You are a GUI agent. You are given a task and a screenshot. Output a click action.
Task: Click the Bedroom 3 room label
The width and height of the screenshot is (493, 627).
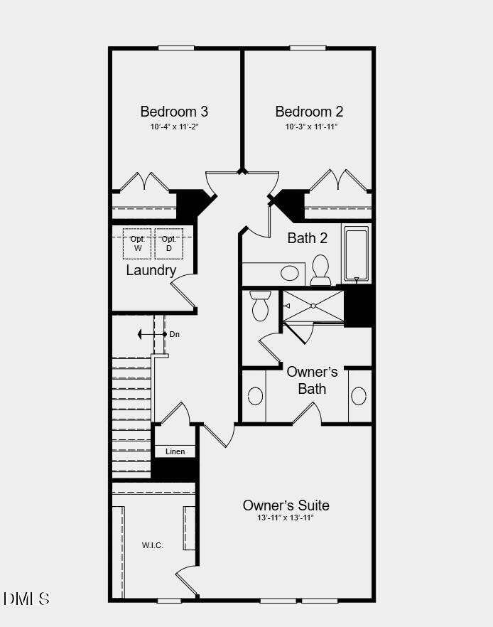[x=174, y=112]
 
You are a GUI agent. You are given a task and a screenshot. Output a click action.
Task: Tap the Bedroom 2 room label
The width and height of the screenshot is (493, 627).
[x=309, y=112]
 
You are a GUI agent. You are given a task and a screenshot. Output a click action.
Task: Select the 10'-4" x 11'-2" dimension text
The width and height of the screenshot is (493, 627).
[x=174, y=127]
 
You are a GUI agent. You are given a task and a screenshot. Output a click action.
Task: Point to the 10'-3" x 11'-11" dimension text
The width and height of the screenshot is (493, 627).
[x=311, y=127]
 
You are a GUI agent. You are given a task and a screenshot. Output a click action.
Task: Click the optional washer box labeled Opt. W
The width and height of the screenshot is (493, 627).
[x=137, y=244]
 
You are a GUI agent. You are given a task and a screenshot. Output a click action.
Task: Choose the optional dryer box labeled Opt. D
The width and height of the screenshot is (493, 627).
[x=169, y=244]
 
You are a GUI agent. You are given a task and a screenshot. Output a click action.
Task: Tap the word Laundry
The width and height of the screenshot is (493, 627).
[x=151, y=271]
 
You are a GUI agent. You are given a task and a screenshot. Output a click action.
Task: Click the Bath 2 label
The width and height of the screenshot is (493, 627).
[x=307, y=238]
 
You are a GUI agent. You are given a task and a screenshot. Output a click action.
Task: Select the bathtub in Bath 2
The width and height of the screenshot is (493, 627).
[x=357, y=254]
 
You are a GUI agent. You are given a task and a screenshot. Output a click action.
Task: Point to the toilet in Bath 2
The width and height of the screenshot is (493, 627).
[x=320, y=269]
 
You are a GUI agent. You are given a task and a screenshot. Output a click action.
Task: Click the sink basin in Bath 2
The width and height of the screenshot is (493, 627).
[x=289, y=273]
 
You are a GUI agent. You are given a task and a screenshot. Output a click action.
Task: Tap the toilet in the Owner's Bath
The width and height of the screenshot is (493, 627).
[x=260, y=305]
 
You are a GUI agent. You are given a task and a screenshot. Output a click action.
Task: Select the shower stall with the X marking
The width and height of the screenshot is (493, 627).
[x=314, y=306]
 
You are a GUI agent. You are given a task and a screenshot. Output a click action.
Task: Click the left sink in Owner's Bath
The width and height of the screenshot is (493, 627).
[x=255, y=396]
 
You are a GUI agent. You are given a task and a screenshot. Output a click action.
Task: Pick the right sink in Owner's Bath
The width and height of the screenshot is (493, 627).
[x=359, y=396]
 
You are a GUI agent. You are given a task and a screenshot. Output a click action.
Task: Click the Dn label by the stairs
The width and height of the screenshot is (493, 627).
[x=175, y=334]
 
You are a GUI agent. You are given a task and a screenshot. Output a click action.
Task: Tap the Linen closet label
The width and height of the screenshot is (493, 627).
[x=175, y=451]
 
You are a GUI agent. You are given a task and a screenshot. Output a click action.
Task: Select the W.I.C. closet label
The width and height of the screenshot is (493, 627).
[x=152, y=545]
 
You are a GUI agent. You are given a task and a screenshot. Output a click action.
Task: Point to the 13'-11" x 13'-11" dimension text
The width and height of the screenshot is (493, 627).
[x=286, y=518]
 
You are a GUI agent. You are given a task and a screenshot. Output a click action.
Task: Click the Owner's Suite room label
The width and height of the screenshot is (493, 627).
[x=286, y=505]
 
